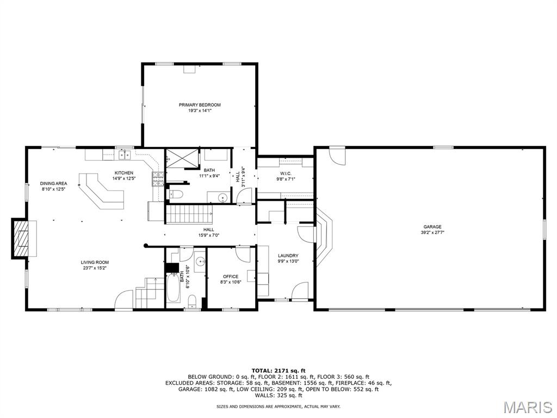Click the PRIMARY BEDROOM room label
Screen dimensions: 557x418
coord(200,105)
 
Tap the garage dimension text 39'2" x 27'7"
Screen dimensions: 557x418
coord(432,233)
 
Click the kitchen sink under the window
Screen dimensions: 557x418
coord(125,155)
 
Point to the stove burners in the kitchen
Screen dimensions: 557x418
coord(158,179)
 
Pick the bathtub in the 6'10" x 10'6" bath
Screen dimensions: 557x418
coord(173,287)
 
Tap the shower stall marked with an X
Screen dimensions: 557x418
coord(183,158)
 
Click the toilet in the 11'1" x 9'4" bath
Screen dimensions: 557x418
coord(175,194)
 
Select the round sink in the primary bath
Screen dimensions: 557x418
coord(222,197)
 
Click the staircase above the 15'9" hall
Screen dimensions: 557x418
coord(189,214)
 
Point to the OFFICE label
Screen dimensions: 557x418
coord(231,276)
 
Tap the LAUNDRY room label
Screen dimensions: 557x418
coord(288,256)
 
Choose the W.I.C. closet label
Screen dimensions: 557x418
coord(286,174)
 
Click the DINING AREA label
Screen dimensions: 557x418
coord(53,184)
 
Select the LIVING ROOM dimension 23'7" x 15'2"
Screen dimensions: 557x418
coord(95,268)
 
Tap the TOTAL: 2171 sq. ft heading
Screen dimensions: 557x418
coord(278,371)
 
